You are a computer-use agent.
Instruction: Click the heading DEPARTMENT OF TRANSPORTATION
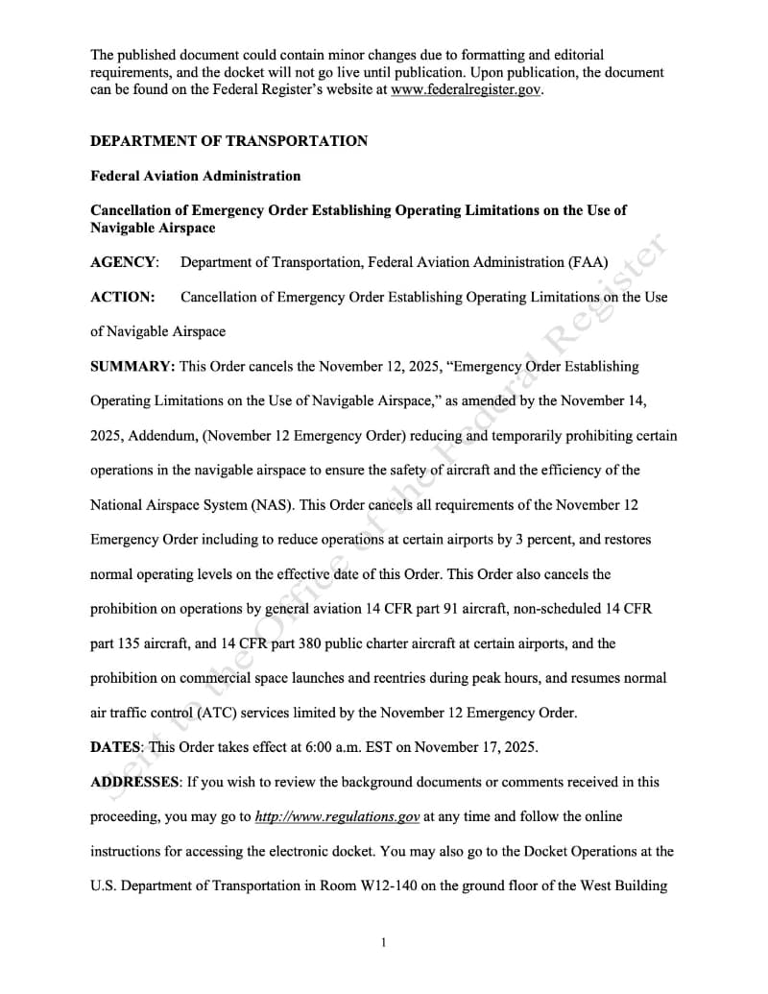point(228,141)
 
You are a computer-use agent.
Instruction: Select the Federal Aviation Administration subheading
point(195,176)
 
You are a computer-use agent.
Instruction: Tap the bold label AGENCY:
point(124,262)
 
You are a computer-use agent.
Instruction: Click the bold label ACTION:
point(122,297)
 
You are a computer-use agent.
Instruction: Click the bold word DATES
point(115,747)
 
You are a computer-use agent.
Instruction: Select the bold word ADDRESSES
point(134,782)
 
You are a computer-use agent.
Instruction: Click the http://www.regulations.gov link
point(337,816)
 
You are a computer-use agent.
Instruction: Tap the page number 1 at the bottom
point(383,943)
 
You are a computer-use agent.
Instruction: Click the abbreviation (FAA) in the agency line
point(588,262)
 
